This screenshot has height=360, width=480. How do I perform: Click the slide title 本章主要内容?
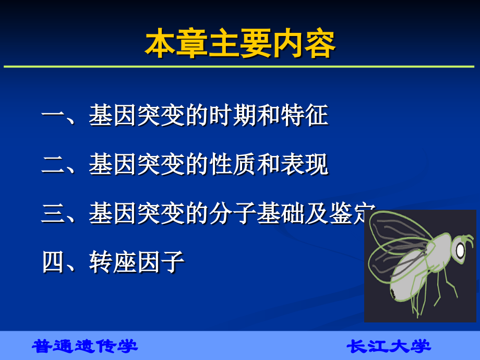click(x=240, y=45)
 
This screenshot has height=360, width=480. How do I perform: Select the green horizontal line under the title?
click(x=240, y=67)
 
